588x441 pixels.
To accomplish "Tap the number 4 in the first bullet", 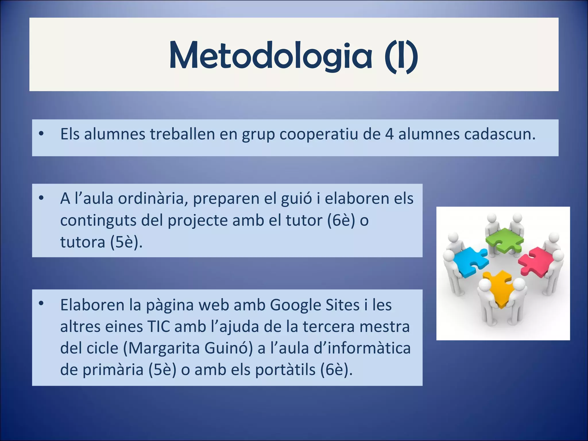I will pos(389,134).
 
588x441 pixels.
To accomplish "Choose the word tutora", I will pos(83,242).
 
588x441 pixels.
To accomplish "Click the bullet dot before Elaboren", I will pos(41,303).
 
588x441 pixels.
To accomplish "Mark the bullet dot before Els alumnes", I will pos(41,133).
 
